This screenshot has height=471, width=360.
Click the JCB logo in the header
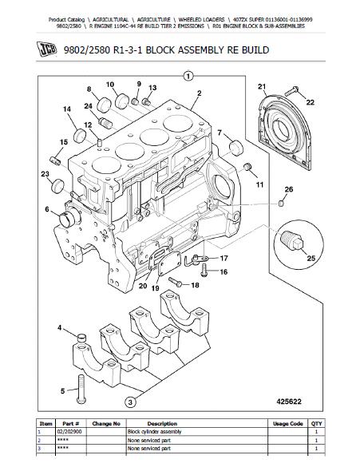pos(46,49)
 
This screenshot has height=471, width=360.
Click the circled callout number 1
pos(188,77)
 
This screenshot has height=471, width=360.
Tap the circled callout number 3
pos(129,402)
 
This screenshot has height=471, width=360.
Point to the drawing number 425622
pos(288,402)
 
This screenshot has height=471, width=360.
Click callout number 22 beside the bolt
pos(311,102)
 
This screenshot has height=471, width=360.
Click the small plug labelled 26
pos(281,204)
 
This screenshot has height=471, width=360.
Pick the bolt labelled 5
pos(81,389)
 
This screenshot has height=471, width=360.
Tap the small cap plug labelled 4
pos(81,338)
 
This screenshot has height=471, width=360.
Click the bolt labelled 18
pos(175,282)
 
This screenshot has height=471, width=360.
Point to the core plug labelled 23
pos(57,186)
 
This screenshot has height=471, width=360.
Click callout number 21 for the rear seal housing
pos(262,87)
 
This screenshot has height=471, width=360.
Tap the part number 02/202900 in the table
pos(69,432)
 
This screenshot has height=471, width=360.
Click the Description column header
pos(162,424)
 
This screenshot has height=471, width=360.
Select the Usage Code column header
pos(287,424)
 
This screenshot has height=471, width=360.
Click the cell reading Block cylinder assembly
pos(154,432)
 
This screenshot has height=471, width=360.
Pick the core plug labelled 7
pos(235,147)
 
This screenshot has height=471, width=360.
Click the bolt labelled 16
pos(204,270)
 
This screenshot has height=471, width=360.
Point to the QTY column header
pos(316,424)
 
